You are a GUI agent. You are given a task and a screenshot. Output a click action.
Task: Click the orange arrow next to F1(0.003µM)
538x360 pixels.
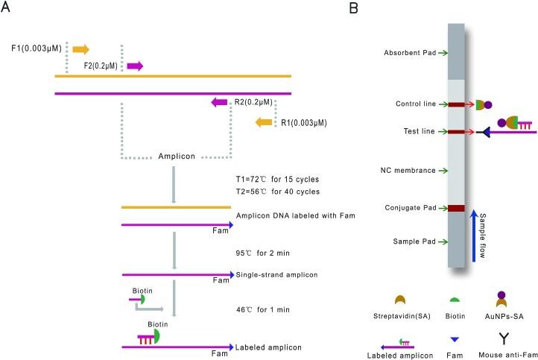[81, 49]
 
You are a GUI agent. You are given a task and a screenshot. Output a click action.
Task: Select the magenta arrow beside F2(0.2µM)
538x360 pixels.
[135, 66]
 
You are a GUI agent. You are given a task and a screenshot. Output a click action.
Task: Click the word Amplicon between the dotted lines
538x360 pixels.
[176, 157]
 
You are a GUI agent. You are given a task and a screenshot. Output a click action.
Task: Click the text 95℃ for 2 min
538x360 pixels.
[260, 252]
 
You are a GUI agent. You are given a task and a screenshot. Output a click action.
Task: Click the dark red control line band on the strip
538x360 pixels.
[456, 104]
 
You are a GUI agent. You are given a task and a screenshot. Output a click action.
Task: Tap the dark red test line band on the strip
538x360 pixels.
[456, 132]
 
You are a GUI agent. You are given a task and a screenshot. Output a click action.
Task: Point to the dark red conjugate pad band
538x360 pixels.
[456, 208]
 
